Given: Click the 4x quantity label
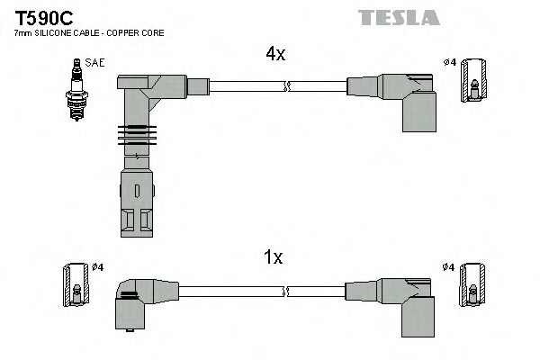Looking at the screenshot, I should click(274, 54).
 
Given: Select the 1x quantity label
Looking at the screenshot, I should click(274, 258).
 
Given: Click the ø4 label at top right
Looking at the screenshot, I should click(449, 62).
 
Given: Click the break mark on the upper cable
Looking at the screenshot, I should click(286, 87).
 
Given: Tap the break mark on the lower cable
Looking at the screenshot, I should click(286, 292).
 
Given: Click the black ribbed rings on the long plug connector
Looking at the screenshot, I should click(132, 135).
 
